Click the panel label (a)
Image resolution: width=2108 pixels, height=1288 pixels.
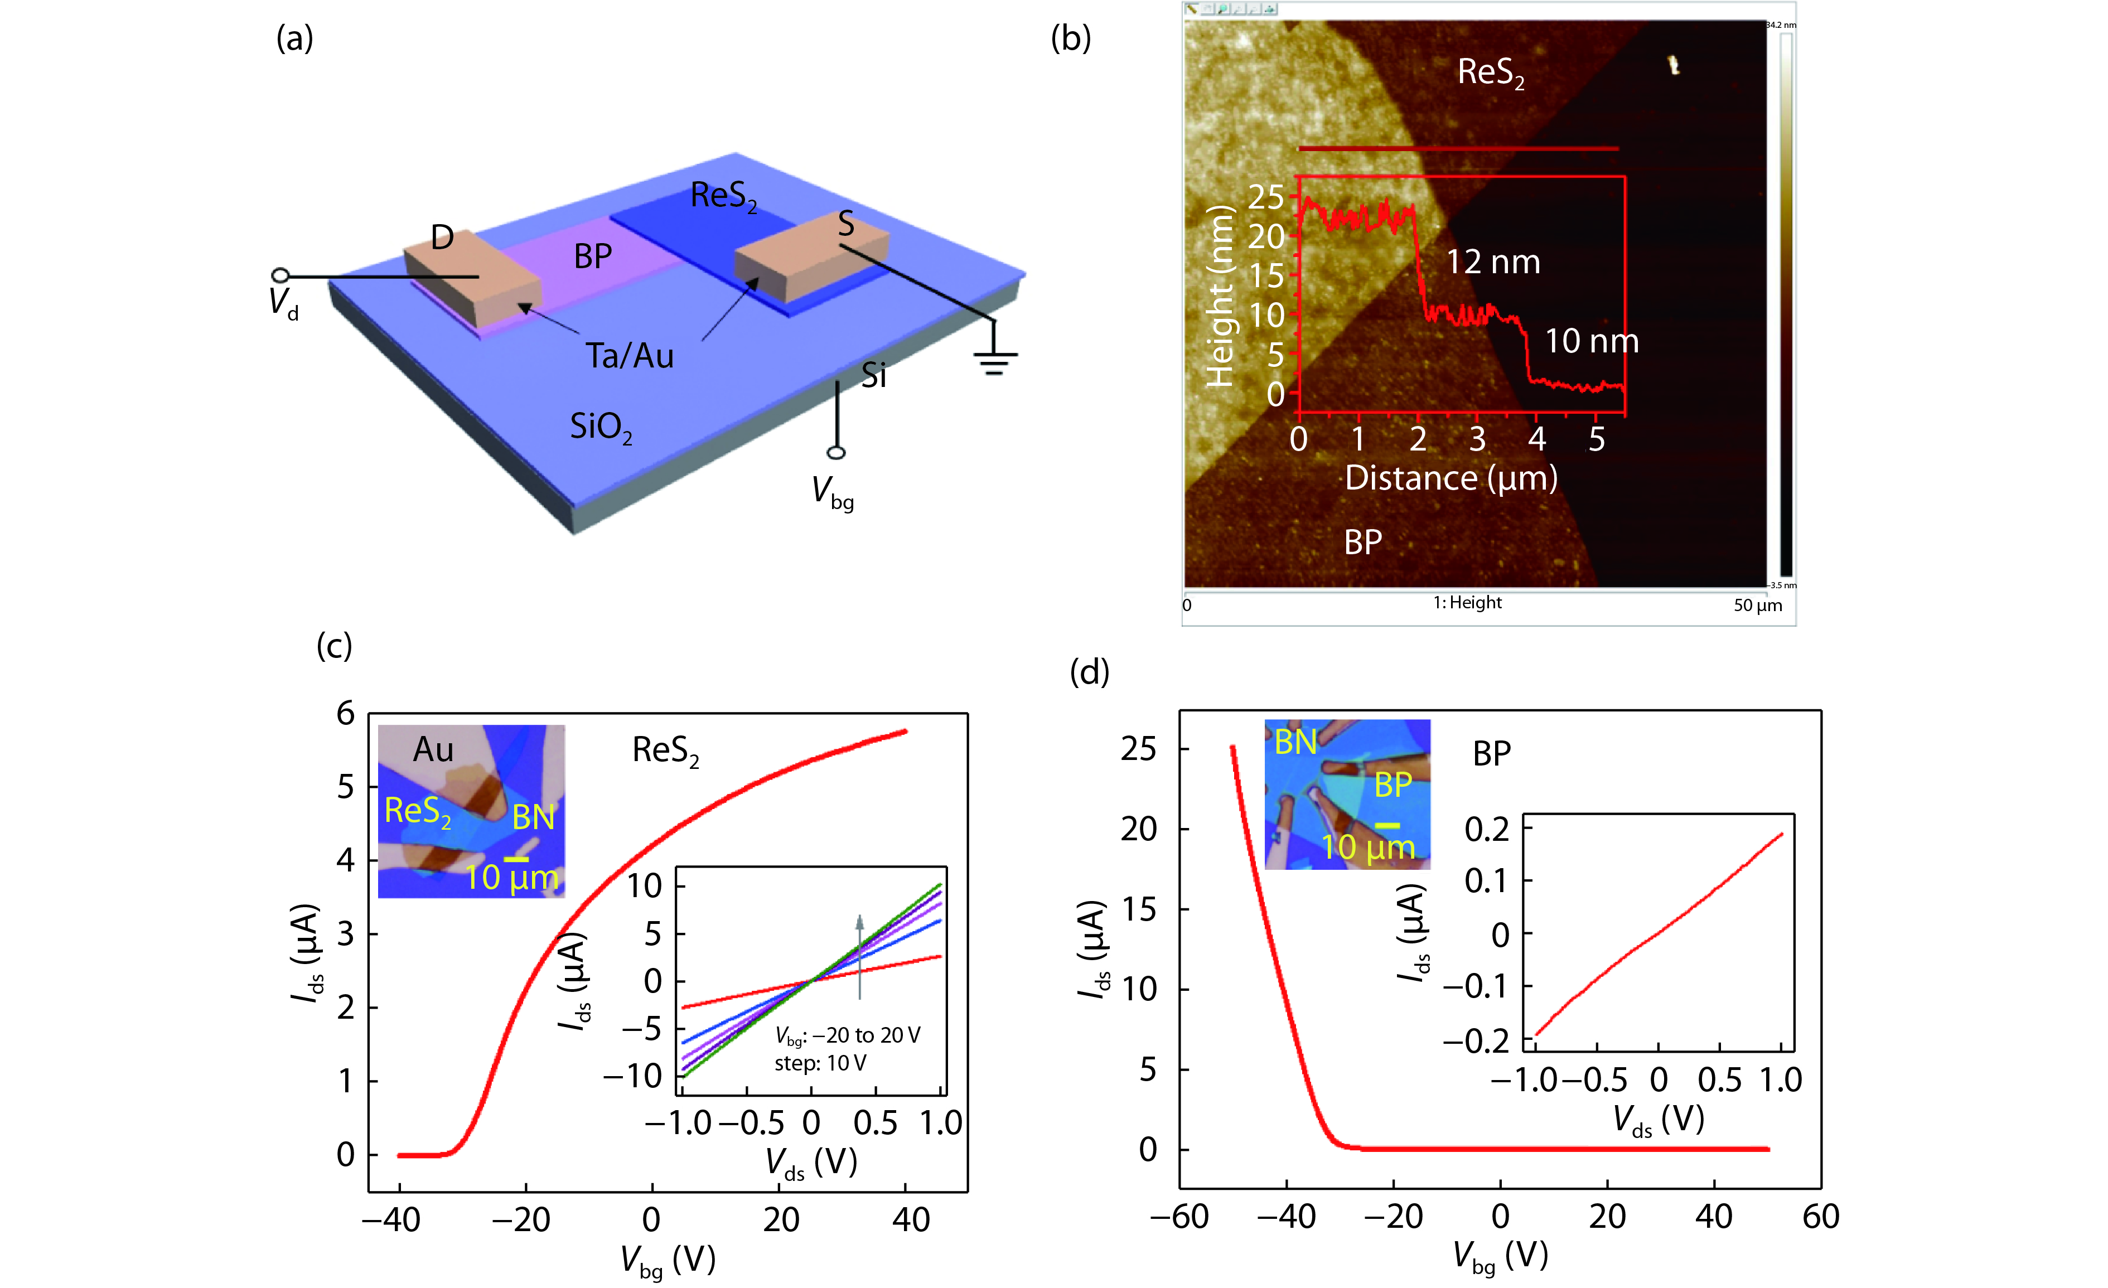294,38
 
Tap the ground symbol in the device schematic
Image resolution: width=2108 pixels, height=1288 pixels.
994,361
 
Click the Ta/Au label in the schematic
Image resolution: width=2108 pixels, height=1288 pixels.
629,356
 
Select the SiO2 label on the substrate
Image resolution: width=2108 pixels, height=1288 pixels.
601,426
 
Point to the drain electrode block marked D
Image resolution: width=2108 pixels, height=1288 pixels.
471,282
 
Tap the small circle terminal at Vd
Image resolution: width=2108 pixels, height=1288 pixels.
280,275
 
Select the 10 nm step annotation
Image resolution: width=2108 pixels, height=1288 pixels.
1591,341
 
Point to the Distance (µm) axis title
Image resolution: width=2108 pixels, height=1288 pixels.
1451,478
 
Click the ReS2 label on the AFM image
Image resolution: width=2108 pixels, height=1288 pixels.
1490,72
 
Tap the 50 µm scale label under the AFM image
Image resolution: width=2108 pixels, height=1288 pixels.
1757,606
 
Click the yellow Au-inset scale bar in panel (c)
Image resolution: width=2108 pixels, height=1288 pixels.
516,859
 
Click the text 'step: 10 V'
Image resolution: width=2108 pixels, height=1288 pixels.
820,1063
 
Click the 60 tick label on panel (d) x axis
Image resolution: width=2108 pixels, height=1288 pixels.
1820,1216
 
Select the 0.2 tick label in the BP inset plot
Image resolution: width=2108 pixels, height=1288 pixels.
1487,829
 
